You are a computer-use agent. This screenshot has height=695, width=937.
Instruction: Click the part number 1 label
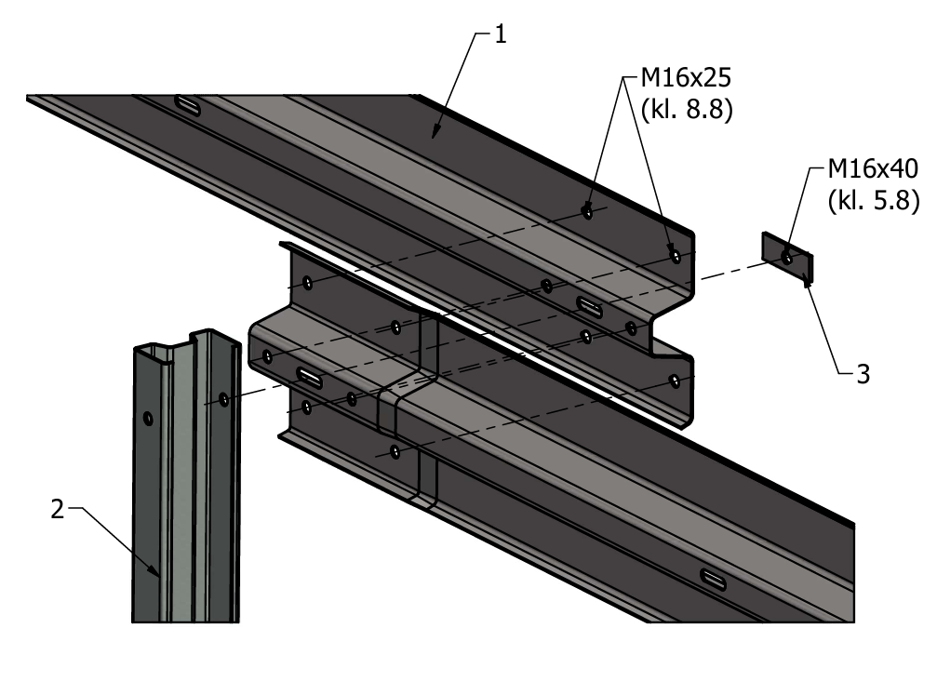coord(501,36)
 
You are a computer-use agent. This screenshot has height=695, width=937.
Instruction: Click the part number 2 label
coord(58,509)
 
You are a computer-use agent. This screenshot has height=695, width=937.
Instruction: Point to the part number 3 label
coord(863,375)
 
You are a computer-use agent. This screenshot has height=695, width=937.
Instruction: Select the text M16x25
coord(686,77)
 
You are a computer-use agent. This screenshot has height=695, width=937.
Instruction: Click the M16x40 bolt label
coord(874,168)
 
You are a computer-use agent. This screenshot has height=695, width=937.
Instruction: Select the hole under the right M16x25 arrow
coord(675,253)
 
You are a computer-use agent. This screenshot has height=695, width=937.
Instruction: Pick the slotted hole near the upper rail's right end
coord(591,303)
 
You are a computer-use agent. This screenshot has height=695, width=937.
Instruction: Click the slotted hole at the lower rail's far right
coord(716,579)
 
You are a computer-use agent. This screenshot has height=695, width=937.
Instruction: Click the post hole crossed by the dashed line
coord(224,399)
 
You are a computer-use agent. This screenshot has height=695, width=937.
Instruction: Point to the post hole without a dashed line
coord(148,419)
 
